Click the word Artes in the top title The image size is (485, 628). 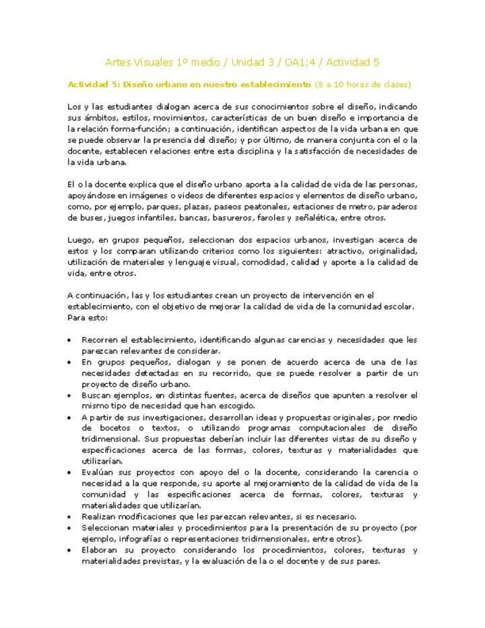(119, 62)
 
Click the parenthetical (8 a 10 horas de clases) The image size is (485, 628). (362, 85)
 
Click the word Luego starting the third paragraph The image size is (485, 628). (79, 240)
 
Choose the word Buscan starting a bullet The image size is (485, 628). (96, 395)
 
